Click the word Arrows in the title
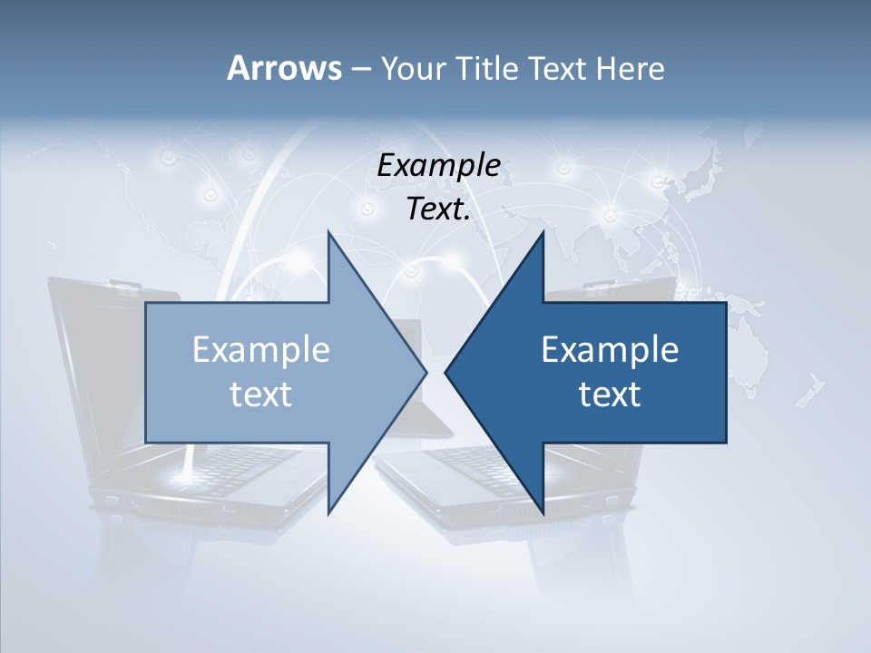pyautogui.click(x=283, y=68)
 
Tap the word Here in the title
pyautogui.click(x=631, y=68)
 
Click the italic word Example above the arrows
pyautogui.click(x=438, y=166)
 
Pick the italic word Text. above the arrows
pyautogui.click(x=438, y=210)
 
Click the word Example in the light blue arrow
pyautogui.click(x=261, y=350)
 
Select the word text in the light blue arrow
pyautogui.click(x=261, y=395)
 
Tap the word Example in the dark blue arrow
pyautogui.click(x=610, y=350)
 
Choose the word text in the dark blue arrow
pyautogui.click(x=610, y=395)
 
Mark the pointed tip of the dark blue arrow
pyautogui.click(x=446, y=372)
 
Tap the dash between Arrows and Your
pyautogui.click(x=360, y=69)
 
